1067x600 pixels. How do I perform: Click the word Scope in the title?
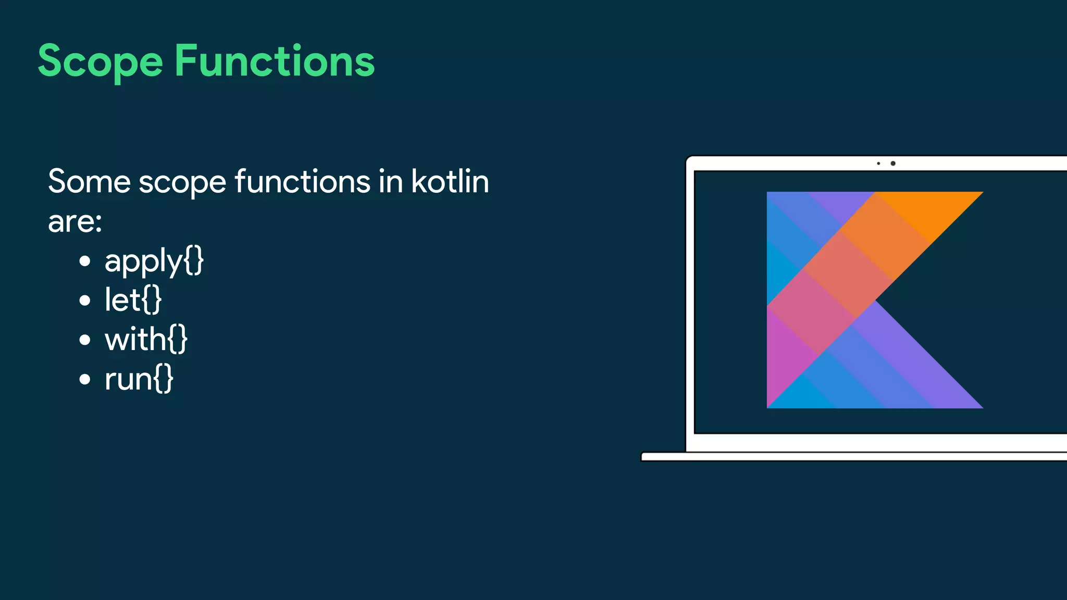point(100,61)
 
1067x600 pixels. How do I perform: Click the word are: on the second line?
point(75,221)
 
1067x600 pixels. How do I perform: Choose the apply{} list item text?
point(154,260)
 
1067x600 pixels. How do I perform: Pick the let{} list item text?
point(133,299)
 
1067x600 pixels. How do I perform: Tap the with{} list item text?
point(146,339)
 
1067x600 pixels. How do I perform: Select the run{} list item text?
point(139,379)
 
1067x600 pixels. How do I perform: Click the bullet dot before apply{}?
point(85,261)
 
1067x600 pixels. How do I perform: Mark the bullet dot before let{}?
point(85,301)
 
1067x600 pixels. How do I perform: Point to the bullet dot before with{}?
point(85,340)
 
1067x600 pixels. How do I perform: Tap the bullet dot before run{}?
point(85,379)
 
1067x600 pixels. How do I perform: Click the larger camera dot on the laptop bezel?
point(893,164)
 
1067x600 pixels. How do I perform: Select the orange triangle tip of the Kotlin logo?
point(938,208)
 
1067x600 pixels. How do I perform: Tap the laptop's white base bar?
point(854,457)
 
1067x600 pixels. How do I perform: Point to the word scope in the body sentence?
point(182,182)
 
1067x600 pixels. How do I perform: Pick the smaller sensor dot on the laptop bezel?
point(878,164)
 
